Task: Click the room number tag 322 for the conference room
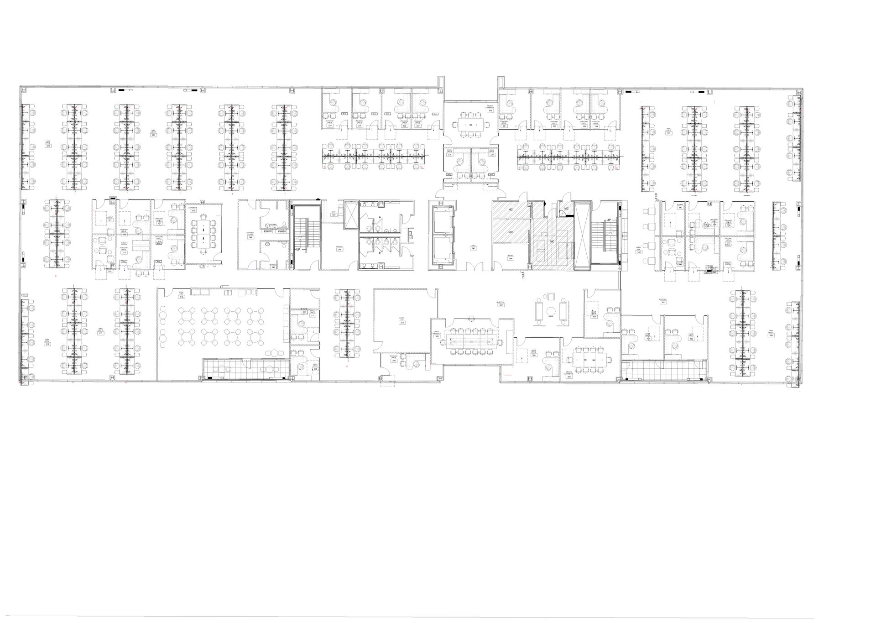tap(193, 210)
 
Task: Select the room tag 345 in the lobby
tap(473, 250)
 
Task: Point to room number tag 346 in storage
tap(339, 250)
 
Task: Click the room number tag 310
tap(402, 323)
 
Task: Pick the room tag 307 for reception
tap(501, 305)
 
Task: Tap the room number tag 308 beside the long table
tap(437, 336)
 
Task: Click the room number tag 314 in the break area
tap(182, 297)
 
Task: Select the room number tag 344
tap(511, 259)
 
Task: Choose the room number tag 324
tap(329, 126)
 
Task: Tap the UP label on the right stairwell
tap(608, 220)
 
